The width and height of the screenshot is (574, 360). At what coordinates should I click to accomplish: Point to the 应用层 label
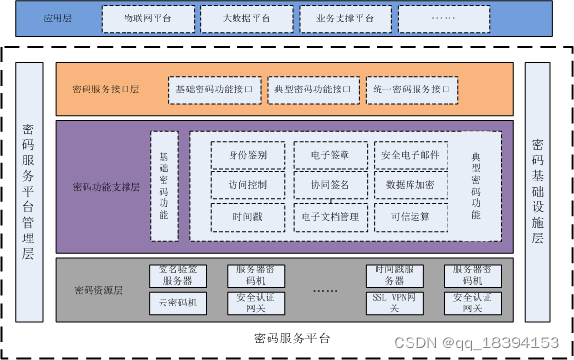pos(56,18)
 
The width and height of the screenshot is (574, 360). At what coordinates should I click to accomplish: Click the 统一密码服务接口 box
pos(411,90)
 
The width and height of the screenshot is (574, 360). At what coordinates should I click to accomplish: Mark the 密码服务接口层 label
pos(106,90)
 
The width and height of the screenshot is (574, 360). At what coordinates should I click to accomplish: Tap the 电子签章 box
pos(330,156)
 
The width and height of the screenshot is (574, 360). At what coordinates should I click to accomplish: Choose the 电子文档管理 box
pos(330,216)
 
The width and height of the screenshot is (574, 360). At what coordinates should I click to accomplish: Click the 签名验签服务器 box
pos(179,275)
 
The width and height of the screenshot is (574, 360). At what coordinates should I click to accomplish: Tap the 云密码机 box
pos(179,303)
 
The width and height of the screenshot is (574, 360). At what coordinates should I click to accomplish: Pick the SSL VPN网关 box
pos(394,303)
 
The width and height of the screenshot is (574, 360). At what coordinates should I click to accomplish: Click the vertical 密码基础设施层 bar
pos(538,192)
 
